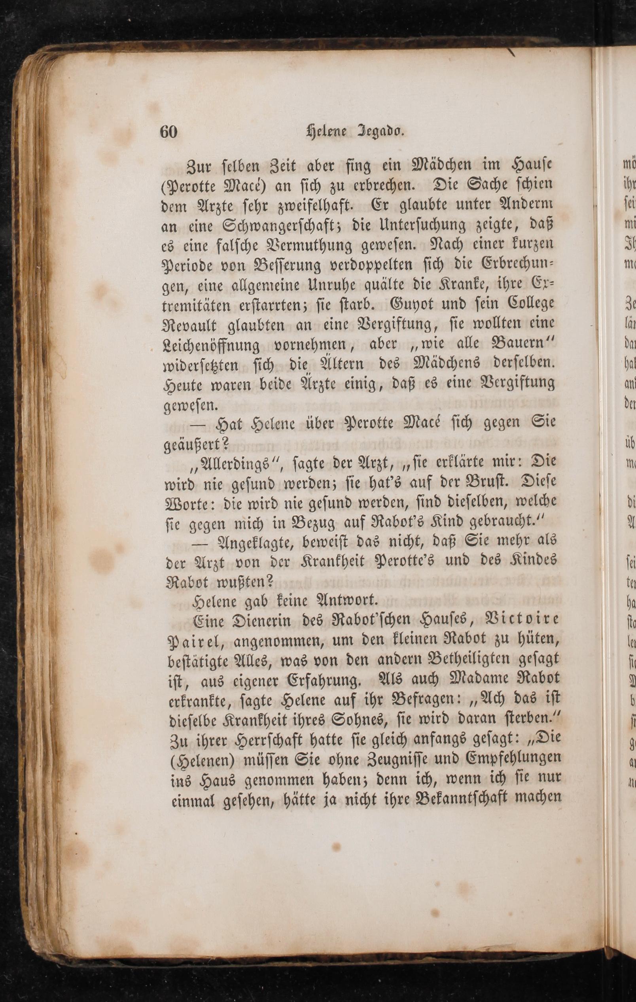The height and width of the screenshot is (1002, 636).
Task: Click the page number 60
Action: click(x=168, y=132)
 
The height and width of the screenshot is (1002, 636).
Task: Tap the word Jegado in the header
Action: click(x=382, y=132)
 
